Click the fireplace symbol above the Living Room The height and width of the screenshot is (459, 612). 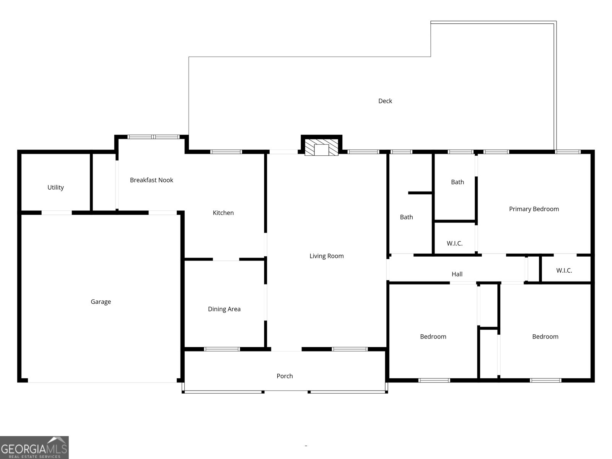[x=321, y=147]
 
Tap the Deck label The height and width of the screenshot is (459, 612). [x=385, y=101]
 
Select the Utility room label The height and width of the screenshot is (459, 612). [x=55, y=187]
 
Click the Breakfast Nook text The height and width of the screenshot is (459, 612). [x=151, y=180]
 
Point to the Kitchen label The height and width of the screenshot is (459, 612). [x=223, y=213]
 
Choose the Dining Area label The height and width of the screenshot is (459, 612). [x=224, y=309]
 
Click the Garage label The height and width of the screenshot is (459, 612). [x=101, y=302]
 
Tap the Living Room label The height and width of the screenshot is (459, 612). [x=326, y=256]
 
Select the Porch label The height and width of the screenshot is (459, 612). [x=285, y=376]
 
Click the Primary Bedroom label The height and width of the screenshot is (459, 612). [x=534, y=209]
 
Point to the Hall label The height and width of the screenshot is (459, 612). [x=457, y=274]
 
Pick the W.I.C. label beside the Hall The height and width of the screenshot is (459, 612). [x=564, y=271]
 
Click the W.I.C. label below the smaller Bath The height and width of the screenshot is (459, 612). [x=454, y=244]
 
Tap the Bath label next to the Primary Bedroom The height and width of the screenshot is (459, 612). [x=457, y=182]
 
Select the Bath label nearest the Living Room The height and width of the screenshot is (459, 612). [x=406, y=217]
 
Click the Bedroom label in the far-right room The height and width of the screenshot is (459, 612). [x=545, y=337]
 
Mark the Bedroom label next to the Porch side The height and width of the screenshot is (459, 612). [x=433, y=337]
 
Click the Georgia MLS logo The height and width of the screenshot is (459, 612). [x=34, y=448]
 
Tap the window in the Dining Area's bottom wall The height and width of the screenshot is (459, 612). [x=222, y=349]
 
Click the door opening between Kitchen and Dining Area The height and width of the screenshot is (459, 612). [x=226, y=259]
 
